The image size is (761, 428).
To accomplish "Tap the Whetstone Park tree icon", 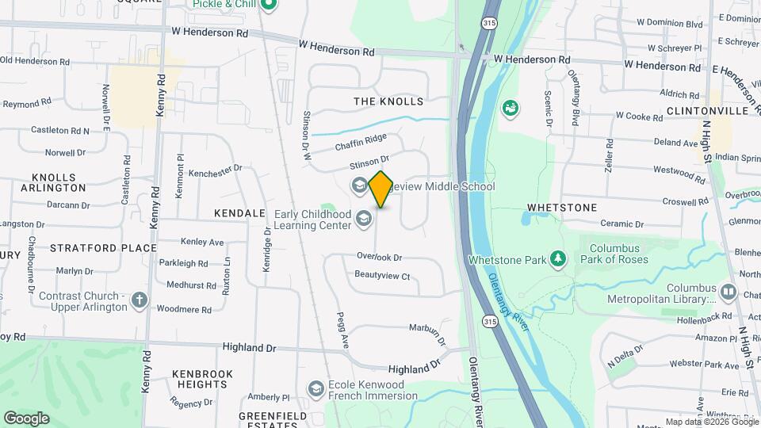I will pyautogui.click(x=559, y=258).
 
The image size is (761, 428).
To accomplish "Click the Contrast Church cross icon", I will pyautogui.click(x=140, y=300).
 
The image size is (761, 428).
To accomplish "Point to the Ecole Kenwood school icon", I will pyautogui.click(x=315, y=389).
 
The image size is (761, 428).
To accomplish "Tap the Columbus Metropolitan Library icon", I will pyautogui.click(x=728, y=293).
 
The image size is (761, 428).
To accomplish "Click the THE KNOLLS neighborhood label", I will pyautogui.click(x=388, y=101).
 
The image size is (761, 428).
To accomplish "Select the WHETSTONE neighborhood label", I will pyautogui.click(x=561, y=208).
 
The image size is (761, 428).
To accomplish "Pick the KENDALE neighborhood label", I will pyautogui.click(x=239, y=214).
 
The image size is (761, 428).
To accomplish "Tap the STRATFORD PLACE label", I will pyautogui.click(x=104, y=248).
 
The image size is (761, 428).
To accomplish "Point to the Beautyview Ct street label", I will pyautogui.click(x=382, y=276).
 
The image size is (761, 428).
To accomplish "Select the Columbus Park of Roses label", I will pyautogui.click(x=614, y=254).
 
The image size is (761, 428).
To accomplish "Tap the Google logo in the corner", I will pyautogui.click(x=26, y=418).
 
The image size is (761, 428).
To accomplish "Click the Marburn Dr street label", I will pyautogui.click(x=428, y=327).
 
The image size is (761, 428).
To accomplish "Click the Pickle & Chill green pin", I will pyautogui.click(x=268, y=6).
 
